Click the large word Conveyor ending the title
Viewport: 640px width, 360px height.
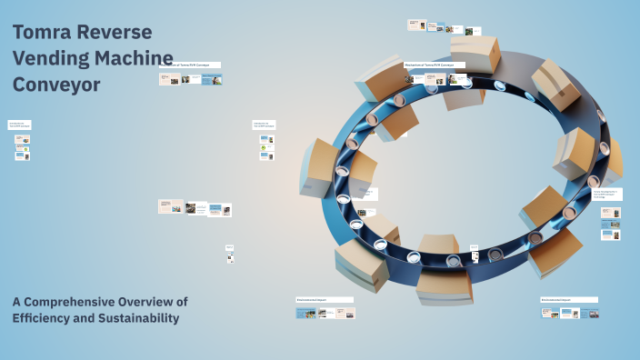click(x=56, y=85)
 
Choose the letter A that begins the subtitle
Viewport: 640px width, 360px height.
click(x=17, y=302)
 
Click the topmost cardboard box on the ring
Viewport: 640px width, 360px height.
click(x=476, y=55)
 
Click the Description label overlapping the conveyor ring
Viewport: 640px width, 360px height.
click(x=435, y=65)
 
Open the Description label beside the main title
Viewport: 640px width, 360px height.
click(x=190, y=65)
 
